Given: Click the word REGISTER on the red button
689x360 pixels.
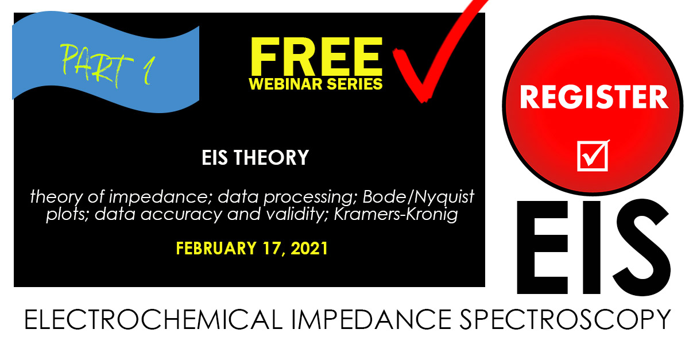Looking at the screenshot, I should pos(594,98).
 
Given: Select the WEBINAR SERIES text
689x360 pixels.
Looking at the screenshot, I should pos(316,83).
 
